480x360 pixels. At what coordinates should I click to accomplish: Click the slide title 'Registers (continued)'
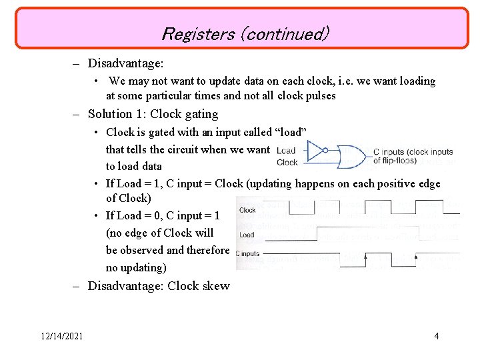pos(245,33)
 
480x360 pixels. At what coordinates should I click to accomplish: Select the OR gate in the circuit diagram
pos(353,156)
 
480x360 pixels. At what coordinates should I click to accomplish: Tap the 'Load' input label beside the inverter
pos(286,151)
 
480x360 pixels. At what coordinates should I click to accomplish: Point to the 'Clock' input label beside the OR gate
pos(287,162)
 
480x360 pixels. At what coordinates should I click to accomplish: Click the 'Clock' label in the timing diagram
pos(247,210)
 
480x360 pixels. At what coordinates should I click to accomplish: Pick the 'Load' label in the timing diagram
pos(246,235)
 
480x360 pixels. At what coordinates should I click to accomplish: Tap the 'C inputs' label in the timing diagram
pos(249,253)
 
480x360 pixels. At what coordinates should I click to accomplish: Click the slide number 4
pos(436,336)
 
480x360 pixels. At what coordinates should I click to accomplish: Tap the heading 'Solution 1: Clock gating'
pos(153,114)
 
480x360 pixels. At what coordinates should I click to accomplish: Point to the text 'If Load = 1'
pos(133,183)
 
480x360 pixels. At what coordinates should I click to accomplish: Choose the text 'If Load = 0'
pos(133,215)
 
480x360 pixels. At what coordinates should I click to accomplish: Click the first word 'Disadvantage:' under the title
pos(126,63)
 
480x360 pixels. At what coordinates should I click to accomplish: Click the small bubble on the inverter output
pos(325,151)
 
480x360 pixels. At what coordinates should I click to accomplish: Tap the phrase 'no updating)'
pos(136,267)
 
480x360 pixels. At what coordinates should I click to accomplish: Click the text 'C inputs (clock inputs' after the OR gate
pos(413,151)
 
